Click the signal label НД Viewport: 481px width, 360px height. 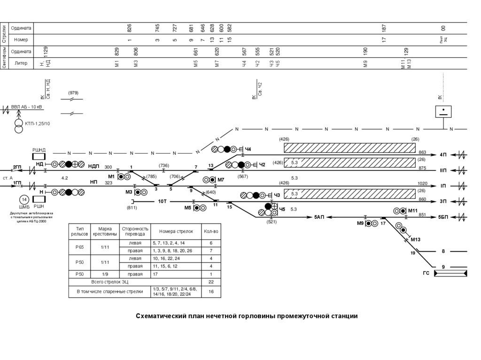point(39,164)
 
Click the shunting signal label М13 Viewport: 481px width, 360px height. point(415,240)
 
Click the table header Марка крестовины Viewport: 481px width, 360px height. point(105,231)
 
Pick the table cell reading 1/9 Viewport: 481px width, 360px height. point(105,274)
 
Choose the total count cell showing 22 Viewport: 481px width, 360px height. point(211,282)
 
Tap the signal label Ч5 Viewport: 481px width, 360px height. point(282,208)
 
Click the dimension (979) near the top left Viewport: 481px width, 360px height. point(73,92)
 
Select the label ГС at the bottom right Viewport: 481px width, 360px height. point(426,273)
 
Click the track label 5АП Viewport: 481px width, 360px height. point(320,217)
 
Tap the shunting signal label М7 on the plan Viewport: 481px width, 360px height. point(220,180)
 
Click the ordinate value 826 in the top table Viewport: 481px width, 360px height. point(130,29)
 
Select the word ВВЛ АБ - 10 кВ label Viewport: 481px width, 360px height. point(26,107)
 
